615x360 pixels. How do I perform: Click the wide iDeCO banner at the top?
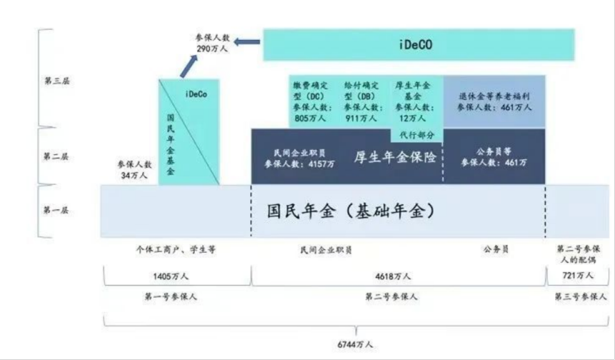point(419,45)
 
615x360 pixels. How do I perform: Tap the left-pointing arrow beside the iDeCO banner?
point(247,44)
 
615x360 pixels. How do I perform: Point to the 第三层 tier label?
point(57,81)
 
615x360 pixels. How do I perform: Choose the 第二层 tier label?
point(57,156)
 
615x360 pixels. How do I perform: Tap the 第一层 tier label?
point(57,211)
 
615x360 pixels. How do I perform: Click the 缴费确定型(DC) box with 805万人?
point(310,101)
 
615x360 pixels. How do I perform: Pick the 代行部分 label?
point(416,134)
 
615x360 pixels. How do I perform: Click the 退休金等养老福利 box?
point(494,101)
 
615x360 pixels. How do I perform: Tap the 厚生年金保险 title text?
point(395,158)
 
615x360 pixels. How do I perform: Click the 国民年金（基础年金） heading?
point(351,211)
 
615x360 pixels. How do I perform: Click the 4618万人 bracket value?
point(394,275)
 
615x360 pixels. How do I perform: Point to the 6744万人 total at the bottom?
point(355,344)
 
